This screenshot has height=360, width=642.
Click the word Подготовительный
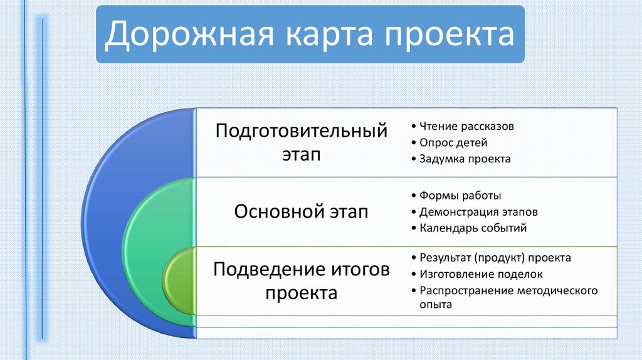[x=302, y=131]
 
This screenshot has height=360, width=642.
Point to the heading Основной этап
[x=302, y=212]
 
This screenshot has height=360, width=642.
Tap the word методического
[x=557, y=291]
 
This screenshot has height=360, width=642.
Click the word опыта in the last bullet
[x=436, y=305]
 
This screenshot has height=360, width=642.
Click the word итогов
[x=360, y=270]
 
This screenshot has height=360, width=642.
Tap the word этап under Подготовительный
[x=301, y=155]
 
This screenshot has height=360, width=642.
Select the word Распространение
[x=466, y=291]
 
